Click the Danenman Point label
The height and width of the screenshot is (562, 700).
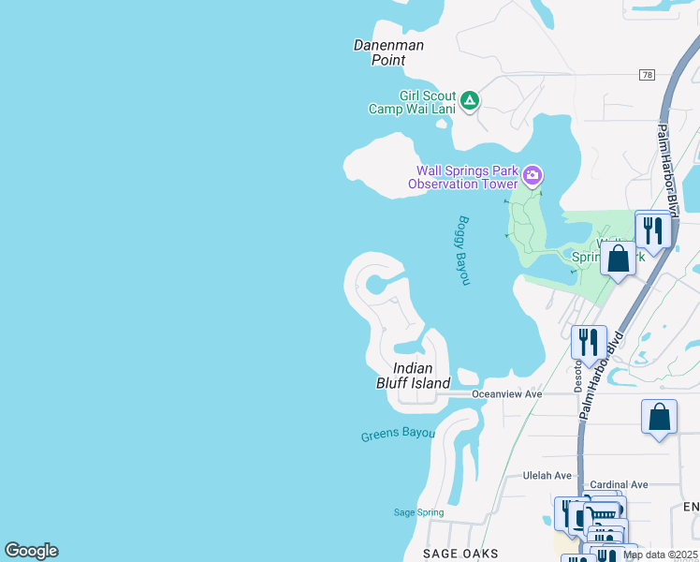point(388,52)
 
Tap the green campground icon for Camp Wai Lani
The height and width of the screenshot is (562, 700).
point(470,100)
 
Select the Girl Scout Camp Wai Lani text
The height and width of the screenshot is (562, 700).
point(413,102)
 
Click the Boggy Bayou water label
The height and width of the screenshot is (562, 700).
point(463,251)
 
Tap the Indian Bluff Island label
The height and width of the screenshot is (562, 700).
point(413,376)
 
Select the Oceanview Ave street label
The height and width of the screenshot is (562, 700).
point(507,394)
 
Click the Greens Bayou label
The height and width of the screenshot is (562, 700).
point(398,435)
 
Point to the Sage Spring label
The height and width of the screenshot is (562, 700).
point(417,512)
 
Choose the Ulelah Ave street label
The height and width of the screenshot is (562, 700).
point(547,476)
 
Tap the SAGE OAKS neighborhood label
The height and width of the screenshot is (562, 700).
point(460,554)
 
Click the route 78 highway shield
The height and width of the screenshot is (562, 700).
point(647,74)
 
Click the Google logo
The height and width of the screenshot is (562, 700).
point(31,551)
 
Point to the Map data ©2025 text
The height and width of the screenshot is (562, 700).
point(660,555)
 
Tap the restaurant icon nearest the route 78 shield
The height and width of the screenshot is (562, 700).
point(652,229)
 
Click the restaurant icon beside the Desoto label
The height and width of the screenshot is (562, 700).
point(589,342)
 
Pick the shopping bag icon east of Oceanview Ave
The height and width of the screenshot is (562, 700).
point(659,418)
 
